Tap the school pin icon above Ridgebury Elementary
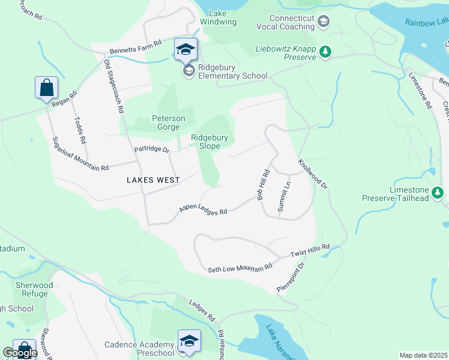tap(186, 49)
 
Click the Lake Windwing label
tap(222, 17)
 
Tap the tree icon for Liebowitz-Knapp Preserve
tap(325, 52)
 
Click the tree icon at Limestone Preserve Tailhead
tap(438, 193)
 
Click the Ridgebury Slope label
tap(209, 142)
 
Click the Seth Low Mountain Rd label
tap(240, 268)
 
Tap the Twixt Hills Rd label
tap(310, 251)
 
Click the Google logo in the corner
tap(19, 353)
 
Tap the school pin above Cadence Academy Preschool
tap(189, 341)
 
